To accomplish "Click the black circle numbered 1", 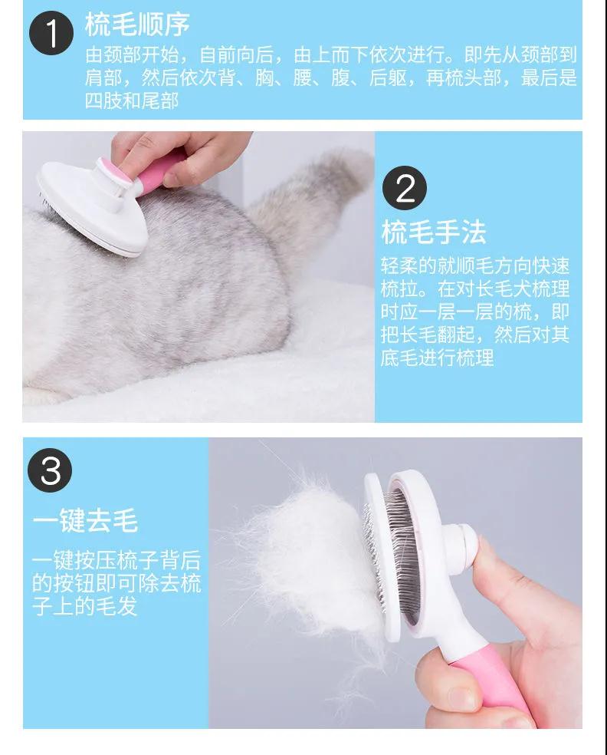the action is pyautogui.click(x=51, y=33).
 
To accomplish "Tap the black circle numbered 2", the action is pyautogui.click(x=405, y=188).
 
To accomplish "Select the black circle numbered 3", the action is pyautogui.click(x=50, y=470).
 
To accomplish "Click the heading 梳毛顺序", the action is pyautogui.click(x=137, y=24).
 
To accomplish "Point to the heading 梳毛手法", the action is pyautogui.click(x=434, y=232).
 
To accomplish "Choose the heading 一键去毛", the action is pyautogui.click(x=86, y=520).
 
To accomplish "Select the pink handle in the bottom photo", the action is pyautogui.click(x=486, y=679).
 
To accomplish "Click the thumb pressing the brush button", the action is pyautogui.click(x=500, y=573).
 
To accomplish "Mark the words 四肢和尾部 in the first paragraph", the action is pyautogui.click(x=132, y=101).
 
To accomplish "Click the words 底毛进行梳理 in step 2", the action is pyautogui.click(x=437, y=358).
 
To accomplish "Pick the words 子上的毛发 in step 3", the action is pyautogui.click(x=84, y=606).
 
